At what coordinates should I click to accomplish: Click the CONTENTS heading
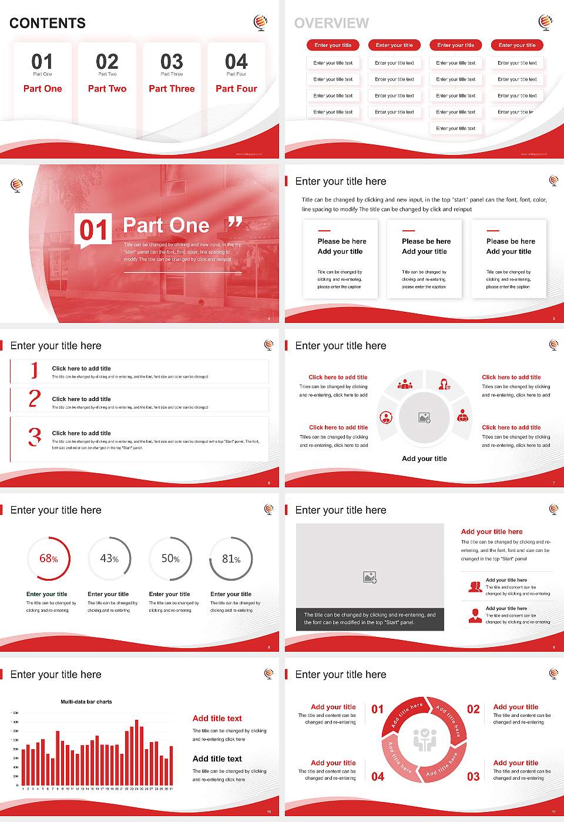tap(48, 23)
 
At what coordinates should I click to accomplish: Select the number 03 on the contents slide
tap(172, 62)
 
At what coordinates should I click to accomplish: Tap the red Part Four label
tap(236, 89)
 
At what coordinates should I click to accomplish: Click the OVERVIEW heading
tap(331, 23)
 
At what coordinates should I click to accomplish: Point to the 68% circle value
tap(48, 559)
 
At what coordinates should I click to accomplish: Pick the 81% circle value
tap(231, 559)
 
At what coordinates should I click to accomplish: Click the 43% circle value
tap(109, 558)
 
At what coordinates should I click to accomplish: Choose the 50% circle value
tap(170, 559)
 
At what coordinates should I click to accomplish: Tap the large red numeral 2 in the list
tap(35, 399)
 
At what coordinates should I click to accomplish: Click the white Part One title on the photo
tap(166, 225)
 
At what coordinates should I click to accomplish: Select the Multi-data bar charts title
tap(86, 702)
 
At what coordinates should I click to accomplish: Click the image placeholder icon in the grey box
tap(370, 578)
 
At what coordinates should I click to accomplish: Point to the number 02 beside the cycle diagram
tap(473, 709)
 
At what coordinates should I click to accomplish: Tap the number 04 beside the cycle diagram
tap(378, 777)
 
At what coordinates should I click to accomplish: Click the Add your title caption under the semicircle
tap(424, 459)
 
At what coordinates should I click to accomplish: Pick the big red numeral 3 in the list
tap(35, 437)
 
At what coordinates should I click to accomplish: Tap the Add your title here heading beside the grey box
tap(492, 531)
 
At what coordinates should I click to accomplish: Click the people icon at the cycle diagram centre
tap(424, 740)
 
